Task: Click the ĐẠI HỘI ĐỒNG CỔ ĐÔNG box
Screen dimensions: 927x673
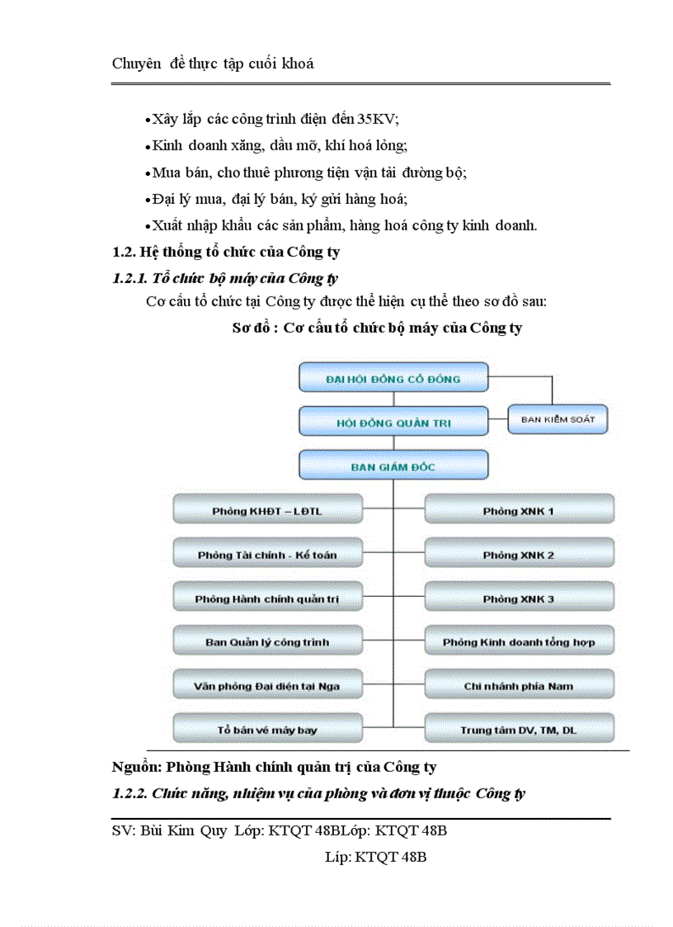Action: tap(393, 379)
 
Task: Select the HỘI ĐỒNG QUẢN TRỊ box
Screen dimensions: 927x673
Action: tap(393, 423)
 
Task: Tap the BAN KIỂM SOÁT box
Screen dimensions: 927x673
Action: tap(558, 419)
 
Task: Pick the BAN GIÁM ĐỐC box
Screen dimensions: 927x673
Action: tap(393, 466)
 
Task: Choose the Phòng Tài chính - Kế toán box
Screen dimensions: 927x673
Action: tap(267, 555)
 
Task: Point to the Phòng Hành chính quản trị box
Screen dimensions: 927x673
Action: tap(267, 598)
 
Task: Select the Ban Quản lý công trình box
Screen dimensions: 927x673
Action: tap(267, 641)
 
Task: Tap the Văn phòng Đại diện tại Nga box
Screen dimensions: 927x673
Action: tap(267, 685)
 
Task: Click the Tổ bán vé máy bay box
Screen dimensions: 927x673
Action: tap(267, 730)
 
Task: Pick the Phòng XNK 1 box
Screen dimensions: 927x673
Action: tap(519, 511)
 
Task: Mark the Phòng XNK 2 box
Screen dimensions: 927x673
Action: tap(519, 555)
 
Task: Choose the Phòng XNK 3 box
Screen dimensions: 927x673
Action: tap(519, 598)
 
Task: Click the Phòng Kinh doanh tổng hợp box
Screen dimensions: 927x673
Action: tap(519, 641)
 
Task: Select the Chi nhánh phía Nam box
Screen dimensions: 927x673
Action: tap(519, 685)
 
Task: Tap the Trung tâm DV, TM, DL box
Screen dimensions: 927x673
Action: tap(519, 730)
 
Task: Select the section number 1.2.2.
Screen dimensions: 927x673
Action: tap(129, 794)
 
